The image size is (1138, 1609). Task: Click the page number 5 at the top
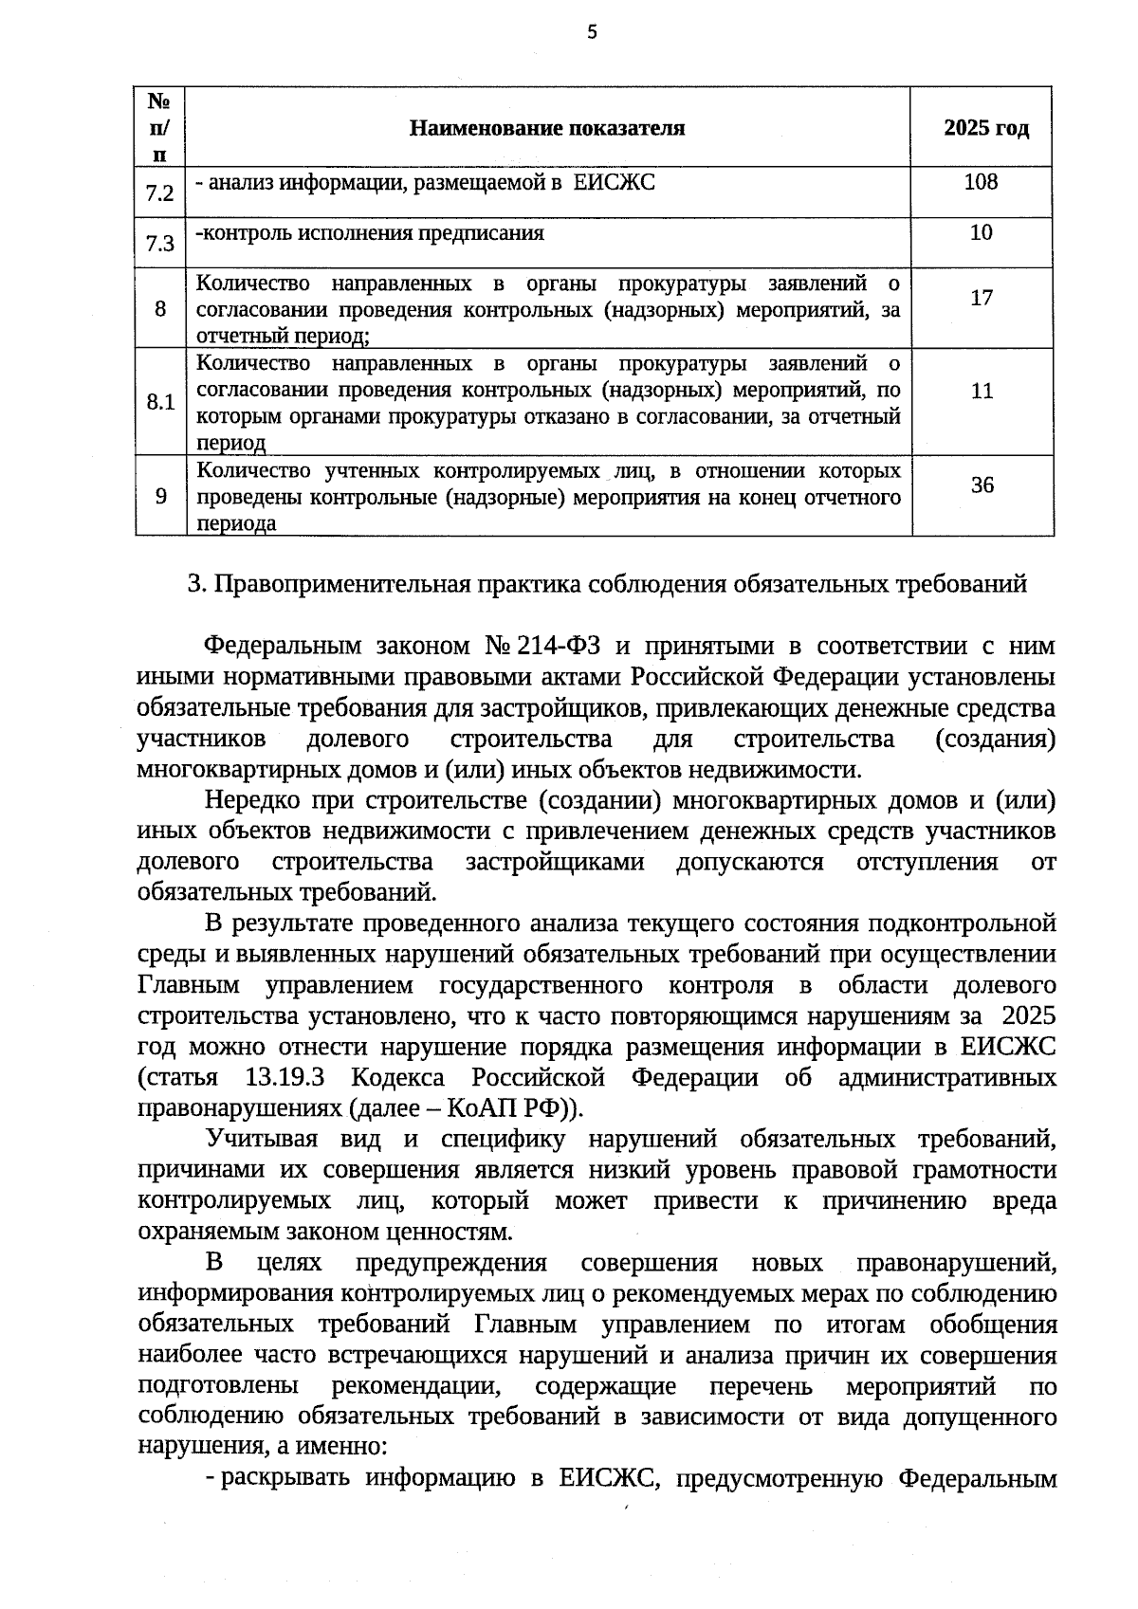(x=593, y=33)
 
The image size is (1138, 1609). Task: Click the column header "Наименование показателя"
(x=547, y=128)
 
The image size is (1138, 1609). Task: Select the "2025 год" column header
(x=985, y=128)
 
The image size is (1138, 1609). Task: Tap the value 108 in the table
(x=981, y=182)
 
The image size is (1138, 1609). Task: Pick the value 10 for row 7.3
(x=982, y=232)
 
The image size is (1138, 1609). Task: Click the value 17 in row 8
(x=982, y=298)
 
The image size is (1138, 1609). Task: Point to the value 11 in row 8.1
(x=982, y=391)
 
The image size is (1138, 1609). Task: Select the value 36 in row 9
(x=982, y=485)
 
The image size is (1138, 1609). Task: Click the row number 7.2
(x=160, y=194)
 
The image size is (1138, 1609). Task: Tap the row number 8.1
(x=160, y=402)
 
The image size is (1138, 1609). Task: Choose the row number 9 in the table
(x=160, y=496)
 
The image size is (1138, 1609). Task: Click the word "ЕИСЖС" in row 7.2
(x=615, y=183)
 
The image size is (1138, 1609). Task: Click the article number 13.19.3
(x=284, y=1078)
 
